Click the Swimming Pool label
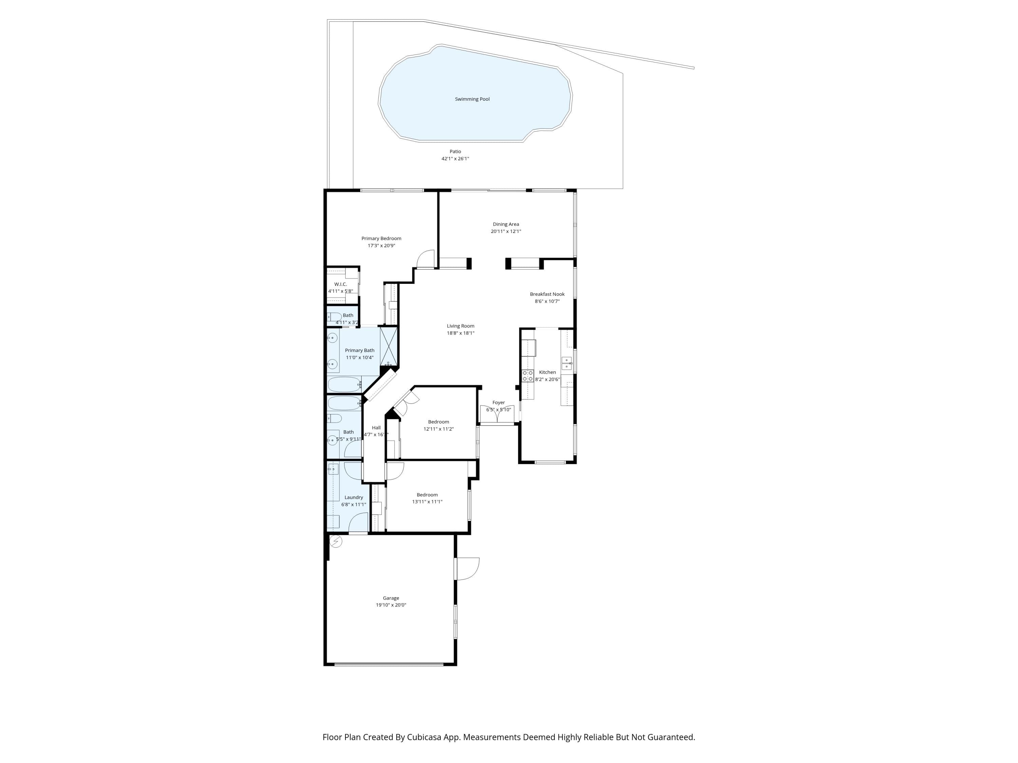click(x=472, y=99)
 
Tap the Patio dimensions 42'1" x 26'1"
click(x=455, y=159)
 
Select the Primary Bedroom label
click(x=381, y=238)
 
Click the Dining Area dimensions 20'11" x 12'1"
click(x=506, y=231)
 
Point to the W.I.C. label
click(x=341, y=284)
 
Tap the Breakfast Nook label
click(x=547, y=294)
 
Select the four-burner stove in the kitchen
click(x=527, y=376)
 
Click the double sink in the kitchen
click(x=567, y=363)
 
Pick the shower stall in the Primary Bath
click(x=389, y=346)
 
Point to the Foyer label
click(x=498, y=403)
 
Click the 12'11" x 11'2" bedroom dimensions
click(x=438, y=429)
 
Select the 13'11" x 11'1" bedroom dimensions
click(x=427, y=502)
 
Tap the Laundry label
click(x=354, y=497)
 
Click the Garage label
click(x=391, y=598)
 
